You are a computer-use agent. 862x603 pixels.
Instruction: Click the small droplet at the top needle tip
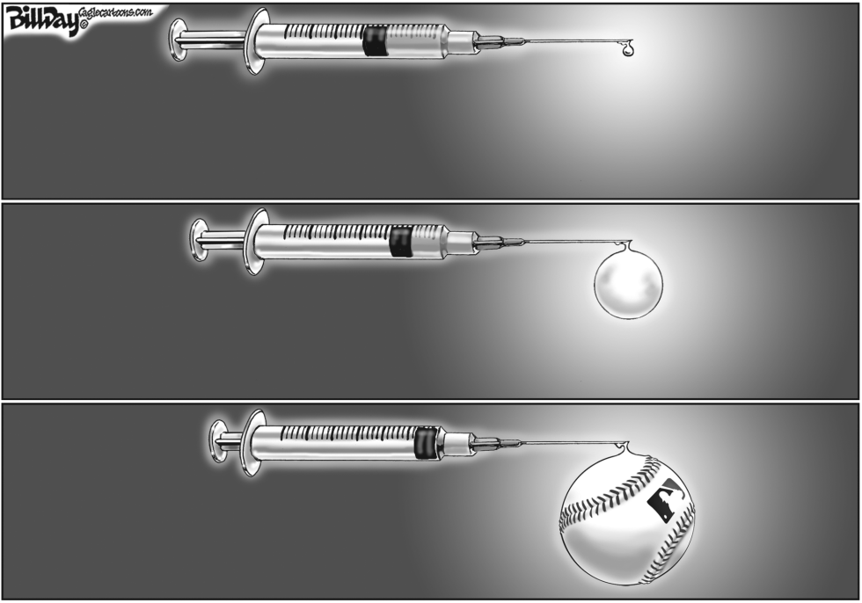coord(626,49)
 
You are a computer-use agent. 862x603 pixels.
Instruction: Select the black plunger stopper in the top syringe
coord(375,41)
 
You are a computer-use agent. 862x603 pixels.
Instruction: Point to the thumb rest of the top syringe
coord(177,40)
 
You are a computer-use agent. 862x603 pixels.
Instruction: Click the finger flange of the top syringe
coord(253,41)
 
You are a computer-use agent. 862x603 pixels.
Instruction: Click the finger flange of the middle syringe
coord(253,242)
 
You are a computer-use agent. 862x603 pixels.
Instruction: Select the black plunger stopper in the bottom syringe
coord(427,442)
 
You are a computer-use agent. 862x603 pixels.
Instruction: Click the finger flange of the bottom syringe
coord(252,442)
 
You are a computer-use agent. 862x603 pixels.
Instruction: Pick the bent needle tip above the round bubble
coord(625,243)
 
